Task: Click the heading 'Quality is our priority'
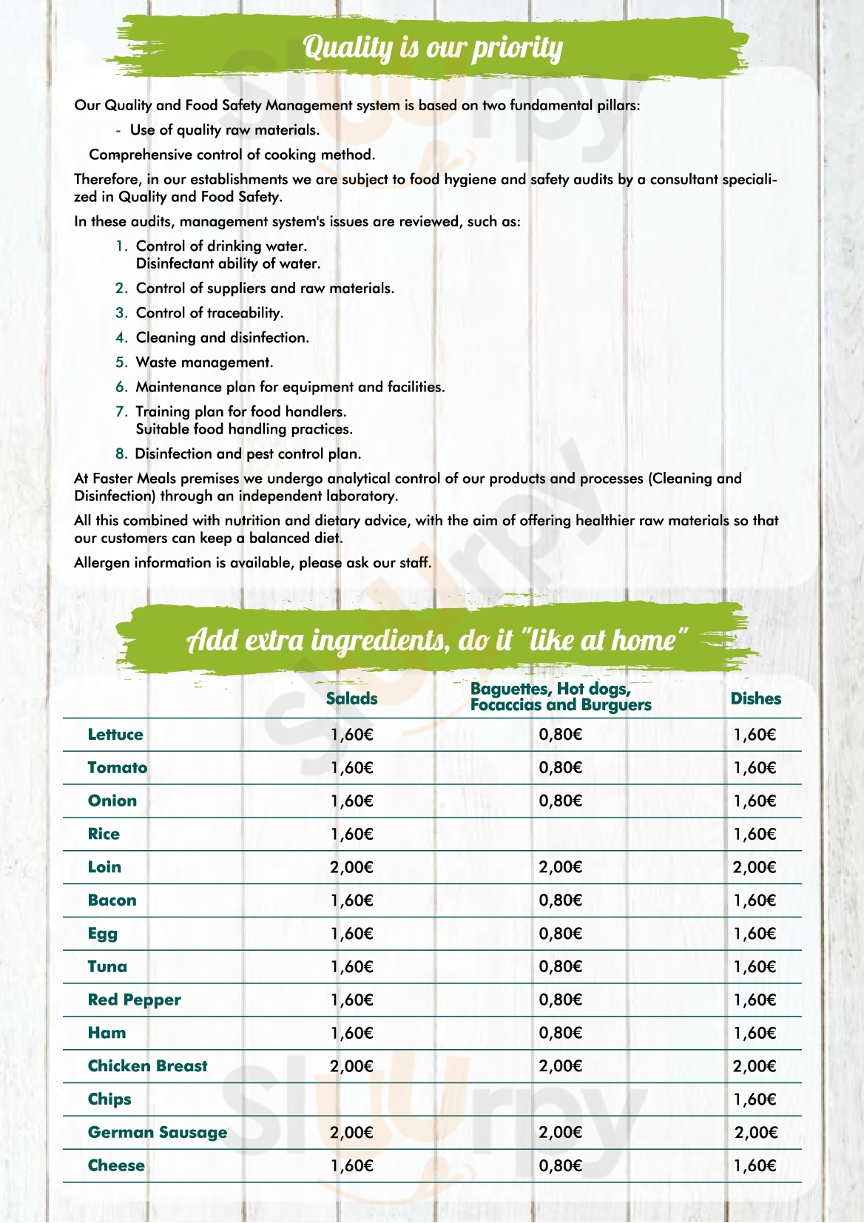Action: point(433,47)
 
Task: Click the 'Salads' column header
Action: point(351,698)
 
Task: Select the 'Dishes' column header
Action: point(755,698)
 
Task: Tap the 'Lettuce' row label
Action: point(115,735)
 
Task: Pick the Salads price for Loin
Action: point(351,867)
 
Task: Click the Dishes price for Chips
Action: point(755,1099)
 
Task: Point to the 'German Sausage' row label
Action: point(158,1133)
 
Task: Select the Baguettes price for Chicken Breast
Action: point(560,1066)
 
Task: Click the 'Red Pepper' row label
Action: point(134,1000)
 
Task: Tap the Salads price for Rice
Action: point(351,835)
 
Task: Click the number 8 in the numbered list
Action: point(121,454)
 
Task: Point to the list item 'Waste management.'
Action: point(204,363)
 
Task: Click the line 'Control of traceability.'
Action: point(209,313)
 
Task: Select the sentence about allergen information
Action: point(252,563)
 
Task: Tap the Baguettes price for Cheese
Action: point(560,1166)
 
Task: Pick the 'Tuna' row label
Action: point(107,967)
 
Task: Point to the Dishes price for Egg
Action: point(755,934)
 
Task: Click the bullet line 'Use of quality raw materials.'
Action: point(225,130)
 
